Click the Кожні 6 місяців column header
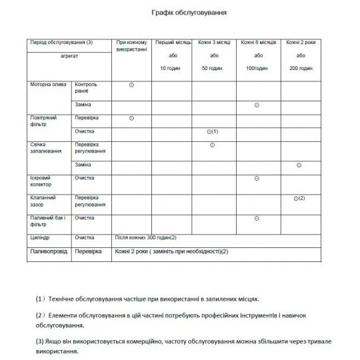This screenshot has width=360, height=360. click(x=258, y=42)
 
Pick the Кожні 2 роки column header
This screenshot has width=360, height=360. click(x=300, y=42)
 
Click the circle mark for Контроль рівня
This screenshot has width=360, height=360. click(x=131, y=85)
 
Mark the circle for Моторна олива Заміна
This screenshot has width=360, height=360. click(x=257, y=105)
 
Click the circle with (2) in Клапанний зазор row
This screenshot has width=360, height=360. click(x=299, y=198)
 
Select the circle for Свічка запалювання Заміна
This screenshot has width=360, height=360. click(x=299, y=165)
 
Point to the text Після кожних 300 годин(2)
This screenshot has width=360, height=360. click(x=145, y=237)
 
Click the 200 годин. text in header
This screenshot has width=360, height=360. click(x=300, y=69)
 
